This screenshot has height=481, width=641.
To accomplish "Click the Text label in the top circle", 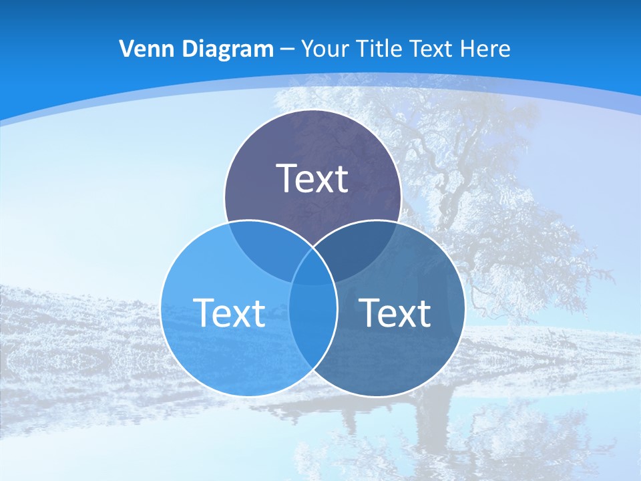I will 312,178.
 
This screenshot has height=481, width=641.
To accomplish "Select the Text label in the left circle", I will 229,312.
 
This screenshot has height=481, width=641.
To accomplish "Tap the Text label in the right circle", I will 395,312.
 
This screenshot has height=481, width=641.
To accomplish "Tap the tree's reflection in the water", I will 434,428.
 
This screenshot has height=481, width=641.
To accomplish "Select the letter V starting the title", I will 126,49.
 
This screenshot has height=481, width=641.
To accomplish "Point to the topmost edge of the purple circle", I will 312,110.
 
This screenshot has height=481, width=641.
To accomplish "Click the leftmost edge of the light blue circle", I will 161,309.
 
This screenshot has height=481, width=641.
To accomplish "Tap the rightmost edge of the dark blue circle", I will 465,309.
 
